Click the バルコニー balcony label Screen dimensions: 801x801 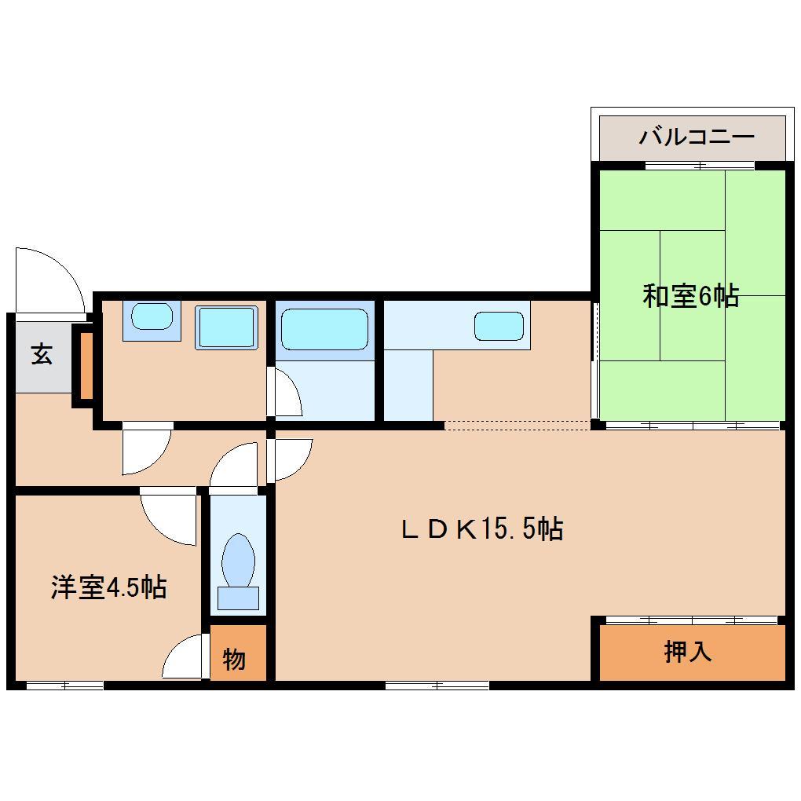[696, 137]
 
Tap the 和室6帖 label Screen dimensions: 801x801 [690, 296]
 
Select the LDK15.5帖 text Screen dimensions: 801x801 [481, 529]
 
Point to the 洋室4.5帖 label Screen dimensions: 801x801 [108, 587]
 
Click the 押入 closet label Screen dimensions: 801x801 [688, 651]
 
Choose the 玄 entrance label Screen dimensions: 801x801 [42, 354]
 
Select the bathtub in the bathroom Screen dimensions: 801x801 [324, 327]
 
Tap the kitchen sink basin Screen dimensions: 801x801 [499, 325]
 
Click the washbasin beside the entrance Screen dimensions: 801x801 [152, 317]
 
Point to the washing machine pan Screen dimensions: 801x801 [226, 327]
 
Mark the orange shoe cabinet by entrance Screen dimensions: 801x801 [84, 365]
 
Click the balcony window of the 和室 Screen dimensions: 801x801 [699, 166]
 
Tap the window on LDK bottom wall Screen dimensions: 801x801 [437, 686]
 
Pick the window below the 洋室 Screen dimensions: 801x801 [64, 686]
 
